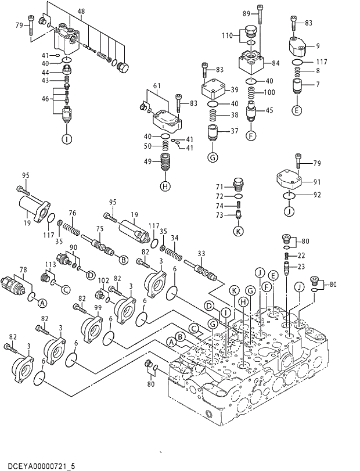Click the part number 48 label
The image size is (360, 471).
click(81, 12)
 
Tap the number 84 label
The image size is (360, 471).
click(275, 63)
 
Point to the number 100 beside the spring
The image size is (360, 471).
click(269, 92)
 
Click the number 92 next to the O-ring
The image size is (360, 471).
click(317, 195)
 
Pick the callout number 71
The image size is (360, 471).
click(220, 187)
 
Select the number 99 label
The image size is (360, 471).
click(98, 307)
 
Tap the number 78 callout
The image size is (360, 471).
click(23, 269)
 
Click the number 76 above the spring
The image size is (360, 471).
click(72, 213)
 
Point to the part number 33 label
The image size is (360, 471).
click(201, 253)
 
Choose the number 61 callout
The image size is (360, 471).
click(156, 87)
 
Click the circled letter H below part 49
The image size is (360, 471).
click(165, 186)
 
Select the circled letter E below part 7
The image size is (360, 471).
click(297, 110)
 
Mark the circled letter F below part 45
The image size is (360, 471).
click(251, 136)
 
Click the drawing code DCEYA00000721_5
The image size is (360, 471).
click(38, 466)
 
